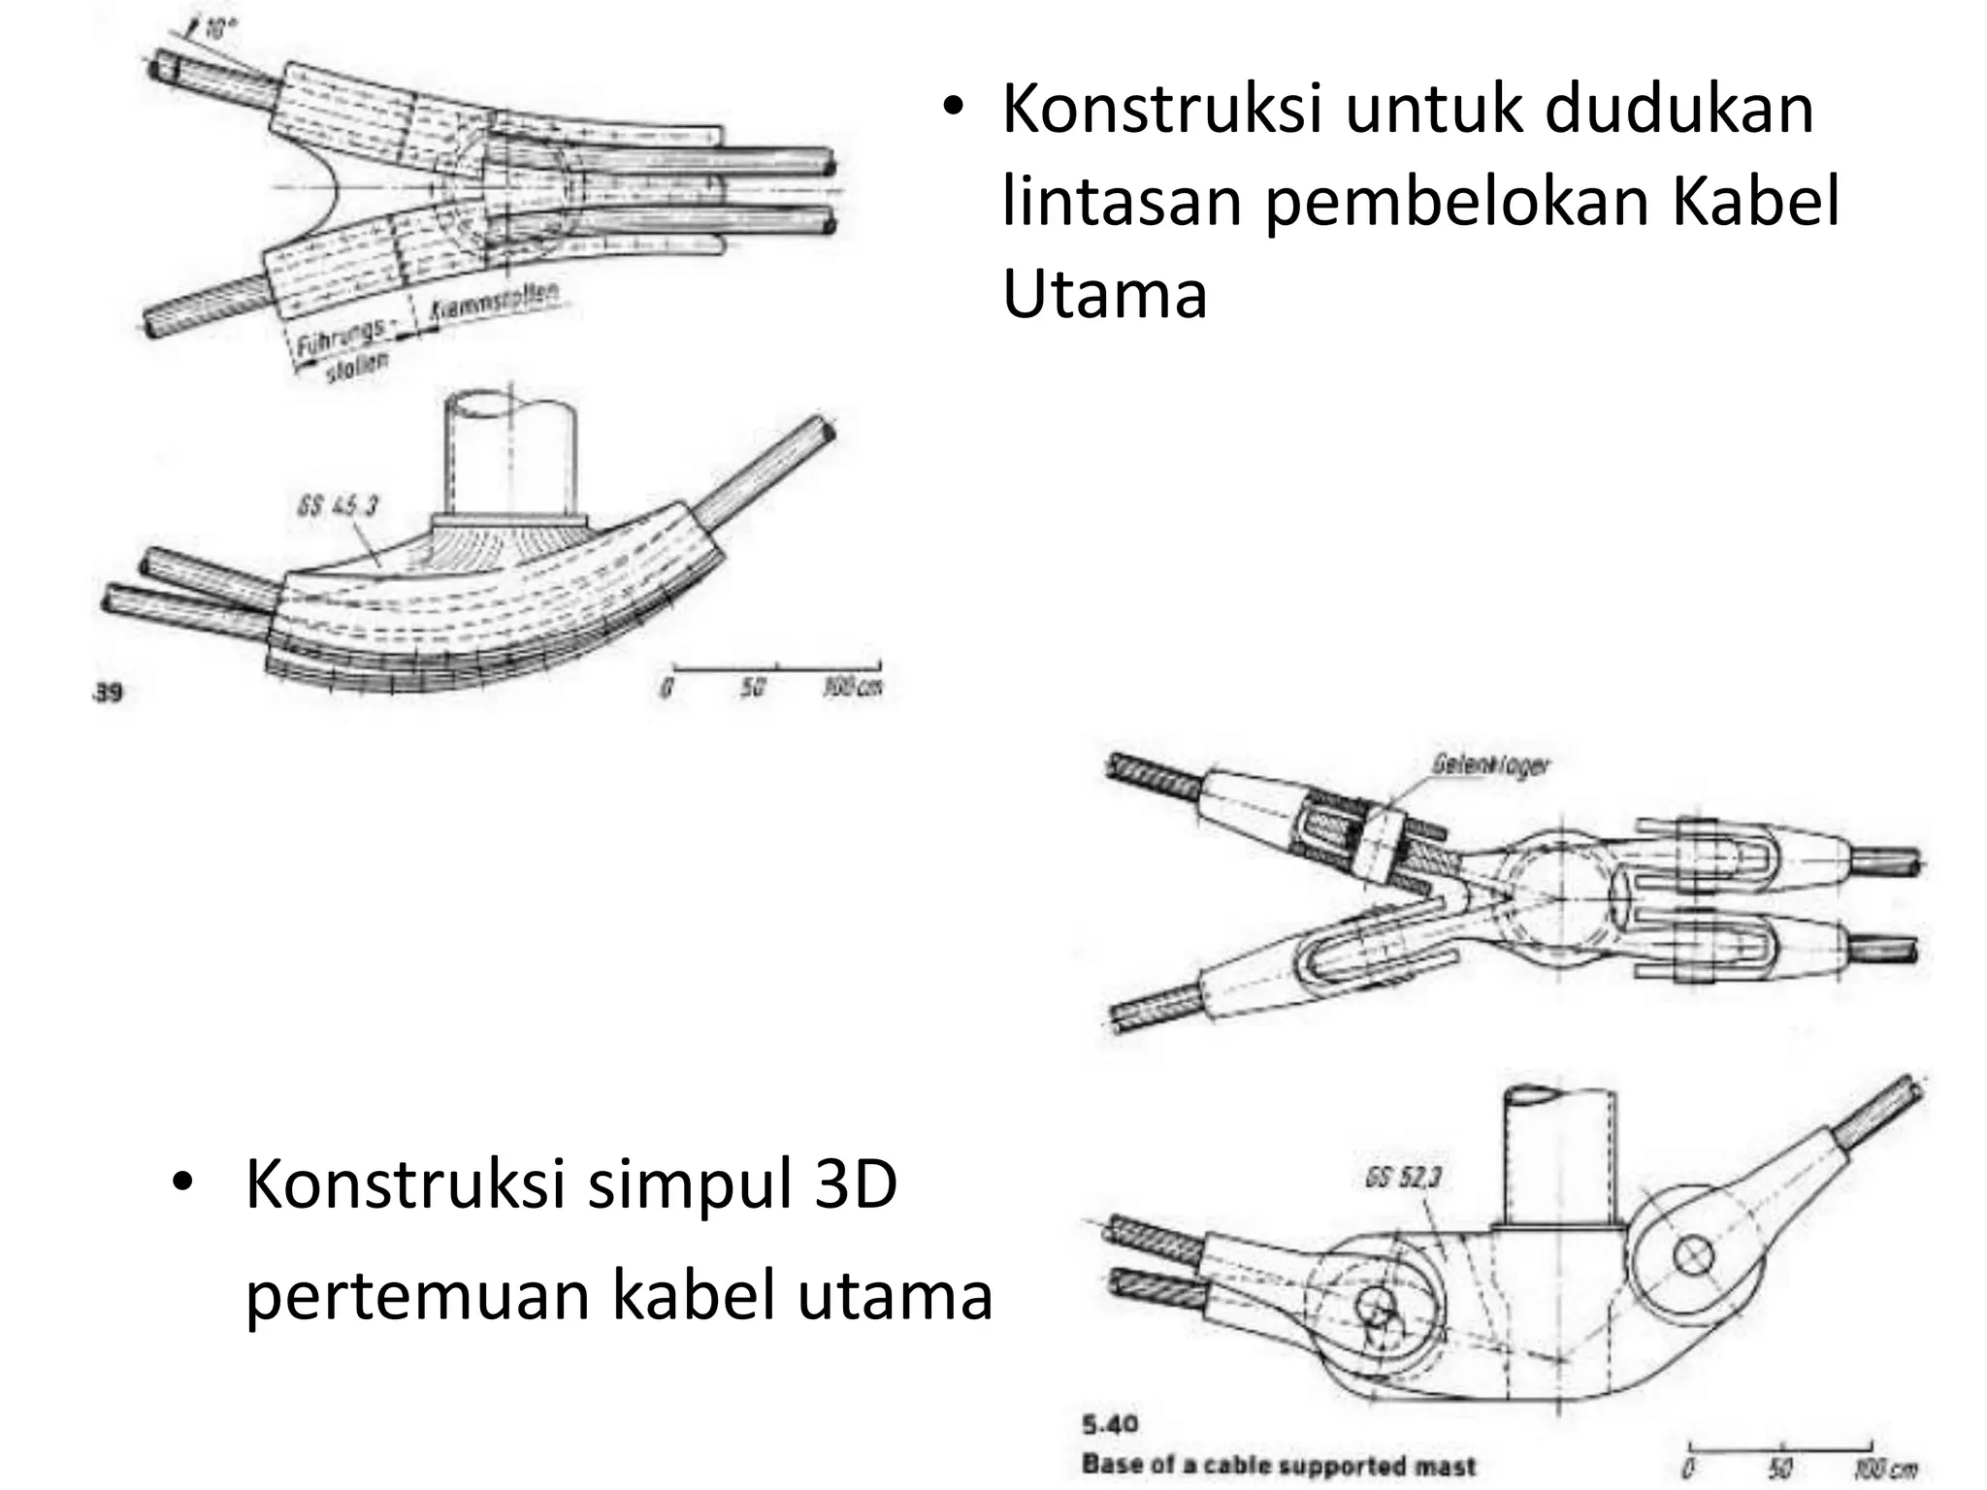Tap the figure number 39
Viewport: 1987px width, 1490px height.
109,693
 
